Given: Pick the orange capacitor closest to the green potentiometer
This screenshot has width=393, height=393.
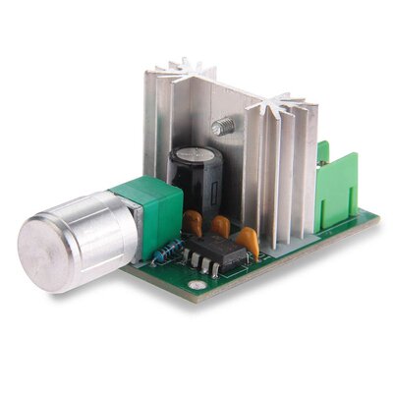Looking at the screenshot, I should [x=193, y=225].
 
